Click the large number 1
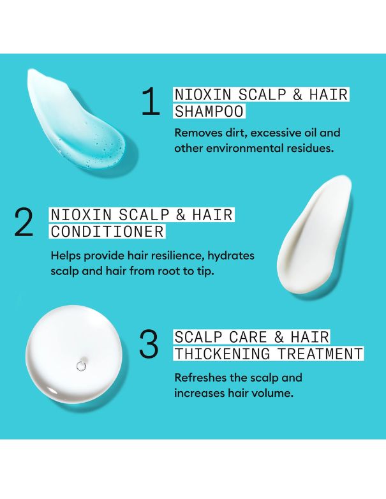[x=151, y=102]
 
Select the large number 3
[x=149, y=344]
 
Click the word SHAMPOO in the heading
[x=209, y=112]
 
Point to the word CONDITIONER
[x=107, y=231]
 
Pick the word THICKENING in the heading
[x=216, y=354]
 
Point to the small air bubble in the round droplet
[x=81, y=366]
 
